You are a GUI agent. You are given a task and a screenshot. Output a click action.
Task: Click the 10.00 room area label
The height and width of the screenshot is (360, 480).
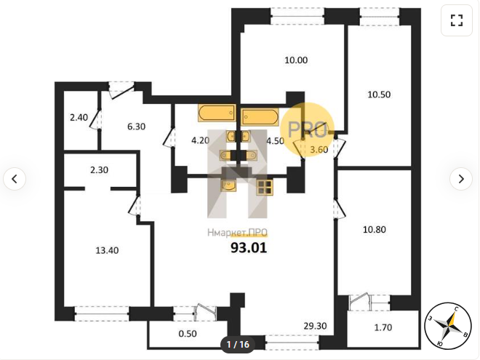coord(296,60)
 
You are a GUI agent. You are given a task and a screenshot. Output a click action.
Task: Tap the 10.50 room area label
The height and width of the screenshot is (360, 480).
coord(379,95)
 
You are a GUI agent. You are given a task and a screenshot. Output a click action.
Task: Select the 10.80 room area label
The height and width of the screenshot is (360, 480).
coord(374,229)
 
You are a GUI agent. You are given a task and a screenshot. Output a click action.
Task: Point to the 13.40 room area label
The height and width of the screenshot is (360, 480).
coord(107,250)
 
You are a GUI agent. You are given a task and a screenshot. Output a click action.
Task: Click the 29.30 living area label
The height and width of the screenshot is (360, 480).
coord(315,326)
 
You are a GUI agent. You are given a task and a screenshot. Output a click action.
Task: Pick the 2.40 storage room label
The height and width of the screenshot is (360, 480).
coord(79,117)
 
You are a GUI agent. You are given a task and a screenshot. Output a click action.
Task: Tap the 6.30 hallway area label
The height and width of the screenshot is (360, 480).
coord(136,127)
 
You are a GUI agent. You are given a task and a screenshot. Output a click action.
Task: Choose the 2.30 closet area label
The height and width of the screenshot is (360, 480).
coord(99,170)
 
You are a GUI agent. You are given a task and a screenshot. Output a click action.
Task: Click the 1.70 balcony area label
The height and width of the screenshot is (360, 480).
coord(383,327)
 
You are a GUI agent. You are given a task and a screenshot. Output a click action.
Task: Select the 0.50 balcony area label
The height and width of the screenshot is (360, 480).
coord(188,334)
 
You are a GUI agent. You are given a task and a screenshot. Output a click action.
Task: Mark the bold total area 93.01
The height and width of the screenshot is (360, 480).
coord(249,248)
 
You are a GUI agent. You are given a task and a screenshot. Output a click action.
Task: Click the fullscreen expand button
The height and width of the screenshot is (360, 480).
coord(457,20)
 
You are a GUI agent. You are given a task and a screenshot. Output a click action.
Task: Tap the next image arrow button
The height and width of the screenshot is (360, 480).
coord(461,179)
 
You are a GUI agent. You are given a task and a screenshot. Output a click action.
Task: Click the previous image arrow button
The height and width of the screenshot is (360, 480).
coord(15,179)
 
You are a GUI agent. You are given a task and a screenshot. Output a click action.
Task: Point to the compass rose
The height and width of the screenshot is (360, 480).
coord(447,326)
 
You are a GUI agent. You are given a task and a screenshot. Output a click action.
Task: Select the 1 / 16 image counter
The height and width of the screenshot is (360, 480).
coord(238,345)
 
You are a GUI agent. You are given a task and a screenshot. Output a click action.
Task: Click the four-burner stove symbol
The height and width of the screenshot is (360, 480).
coord(265,187)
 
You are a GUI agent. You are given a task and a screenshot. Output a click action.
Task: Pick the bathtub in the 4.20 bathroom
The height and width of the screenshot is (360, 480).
coord(217,113)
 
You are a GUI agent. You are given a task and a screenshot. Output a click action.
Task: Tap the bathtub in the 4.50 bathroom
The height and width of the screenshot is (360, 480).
coord(260,116)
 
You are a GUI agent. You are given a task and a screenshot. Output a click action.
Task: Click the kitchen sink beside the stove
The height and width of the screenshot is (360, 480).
coord(228,185)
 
